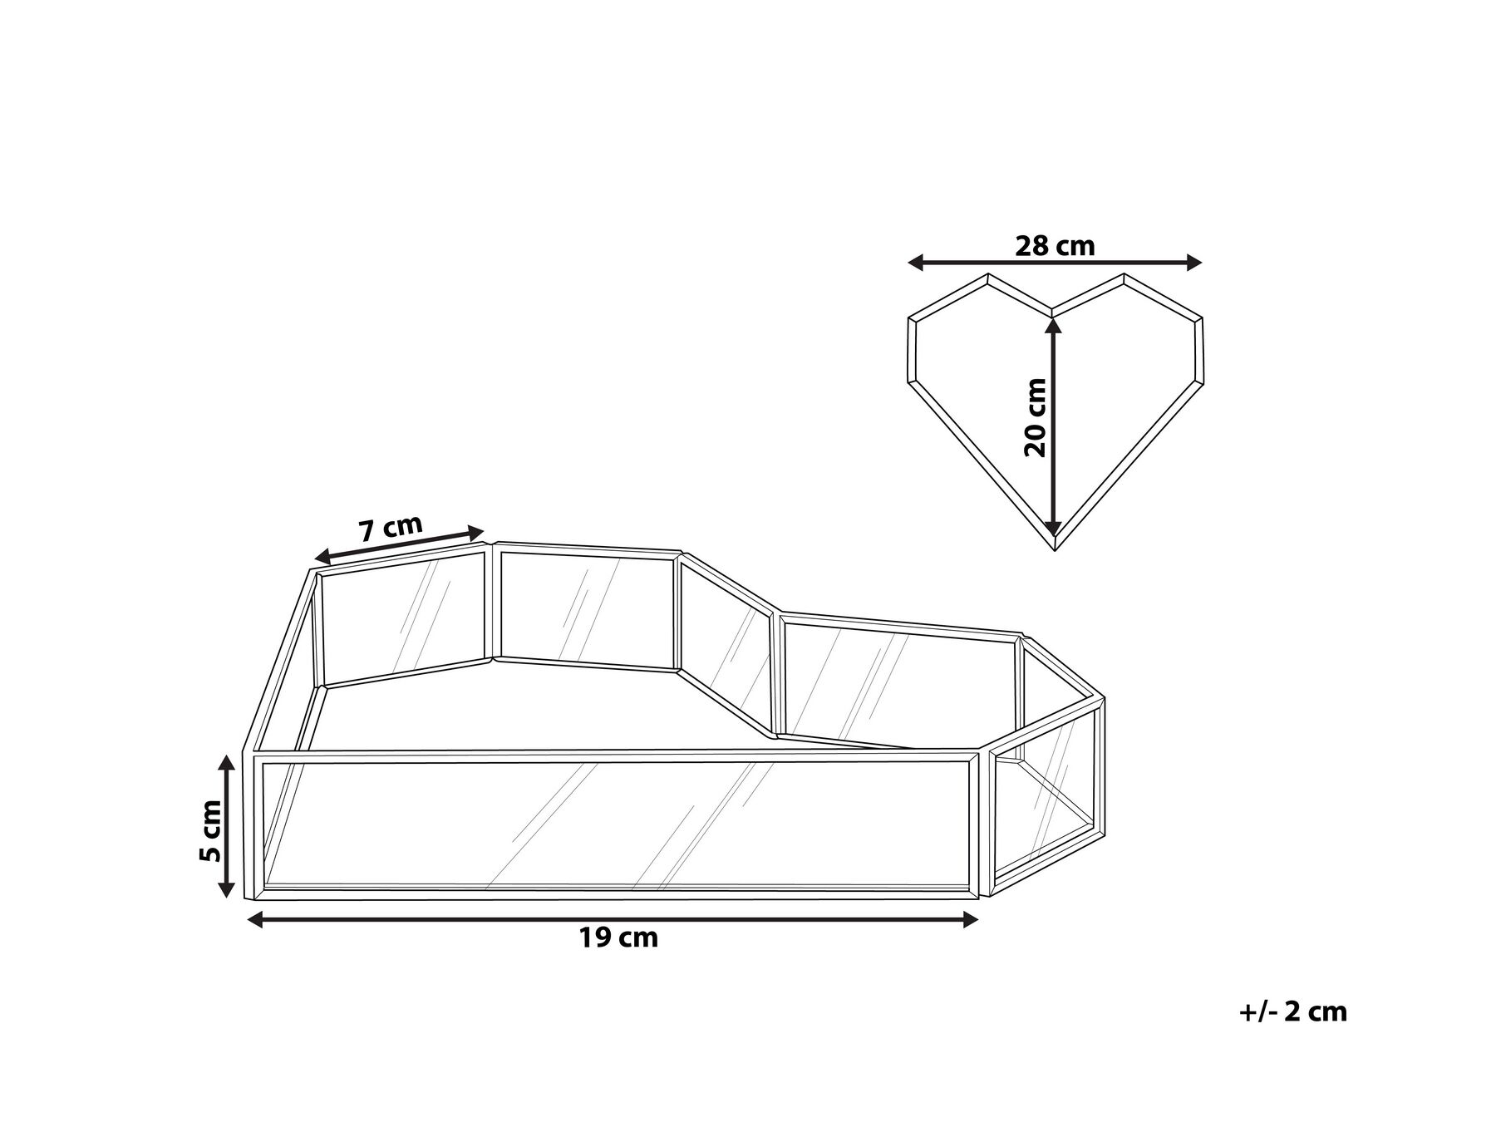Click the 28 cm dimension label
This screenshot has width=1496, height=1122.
click(x=1055, y=246)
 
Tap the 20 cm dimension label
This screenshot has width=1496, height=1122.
click(x=1036, y=418)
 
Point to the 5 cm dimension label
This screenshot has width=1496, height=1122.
click(x=211, y=830)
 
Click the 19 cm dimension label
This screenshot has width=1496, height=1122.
click(x=618, y=938)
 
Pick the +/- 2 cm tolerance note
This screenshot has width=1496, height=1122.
click(x=1292, y=1011)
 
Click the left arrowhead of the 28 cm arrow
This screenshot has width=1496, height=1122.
click(x=915, y=263)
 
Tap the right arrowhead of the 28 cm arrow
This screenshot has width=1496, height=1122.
click(x=1194, y=263)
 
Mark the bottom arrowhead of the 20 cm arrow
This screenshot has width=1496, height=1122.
click(x=1053, y=527)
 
